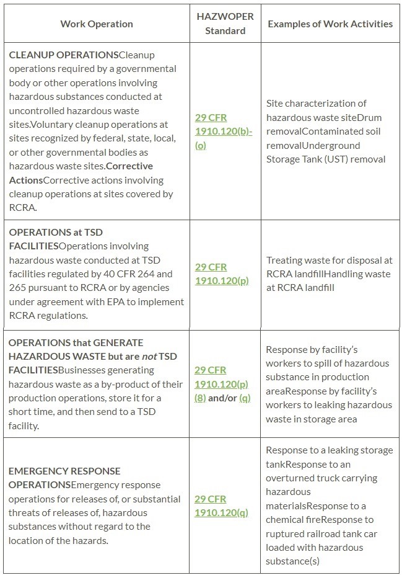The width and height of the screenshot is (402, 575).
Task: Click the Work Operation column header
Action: coord(97,24)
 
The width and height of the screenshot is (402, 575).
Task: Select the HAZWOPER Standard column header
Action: coord(225,24)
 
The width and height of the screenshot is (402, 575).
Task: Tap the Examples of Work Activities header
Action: coord(330,24)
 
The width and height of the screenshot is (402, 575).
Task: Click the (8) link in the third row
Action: coord(200,398)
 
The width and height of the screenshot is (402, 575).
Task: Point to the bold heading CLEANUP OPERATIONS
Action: coord(63,55)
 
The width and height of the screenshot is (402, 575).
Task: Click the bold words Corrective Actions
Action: coord(81,173)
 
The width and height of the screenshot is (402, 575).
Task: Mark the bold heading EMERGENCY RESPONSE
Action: coord(64,471)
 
